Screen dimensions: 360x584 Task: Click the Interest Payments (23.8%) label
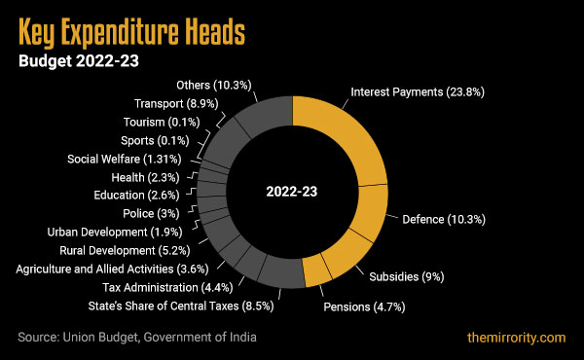coord(417,92)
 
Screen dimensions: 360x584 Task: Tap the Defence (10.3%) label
coord(443,220)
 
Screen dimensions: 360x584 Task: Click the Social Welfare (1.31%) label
coord(123,159)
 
